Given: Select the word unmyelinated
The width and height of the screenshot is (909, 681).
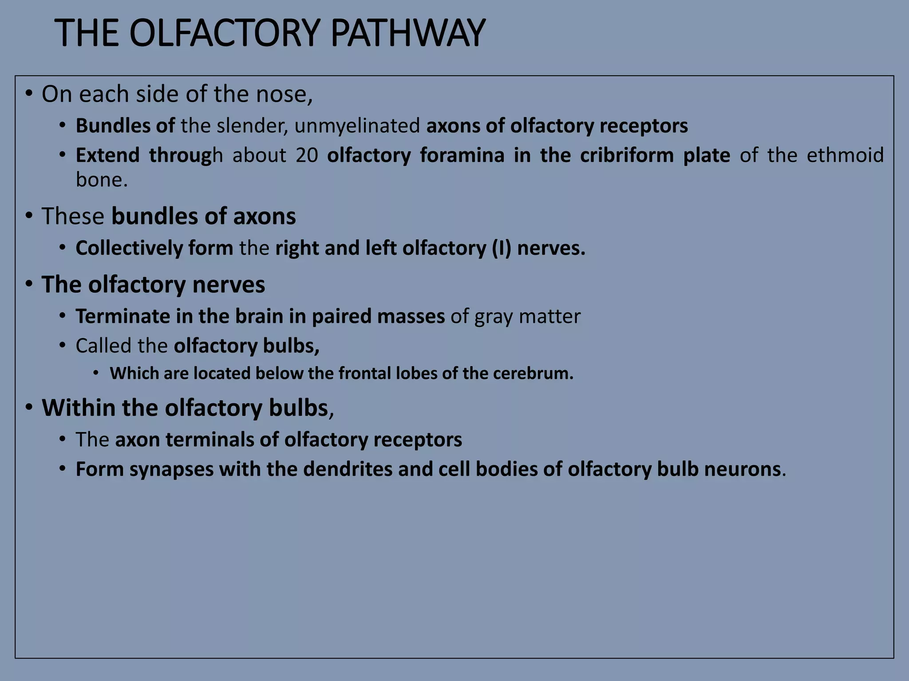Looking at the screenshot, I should pyautogui.click(x=357, y=126).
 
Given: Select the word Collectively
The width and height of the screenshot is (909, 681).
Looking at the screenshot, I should pyautogui.click(x=129, y=248).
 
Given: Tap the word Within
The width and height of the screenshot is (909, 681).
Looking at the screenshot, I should pyautogui.click(x=79, y=408).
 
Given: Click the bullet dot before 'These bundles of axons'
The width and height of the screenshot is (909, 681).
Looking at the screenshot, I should pyautogui.click(x=29, y=216).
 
